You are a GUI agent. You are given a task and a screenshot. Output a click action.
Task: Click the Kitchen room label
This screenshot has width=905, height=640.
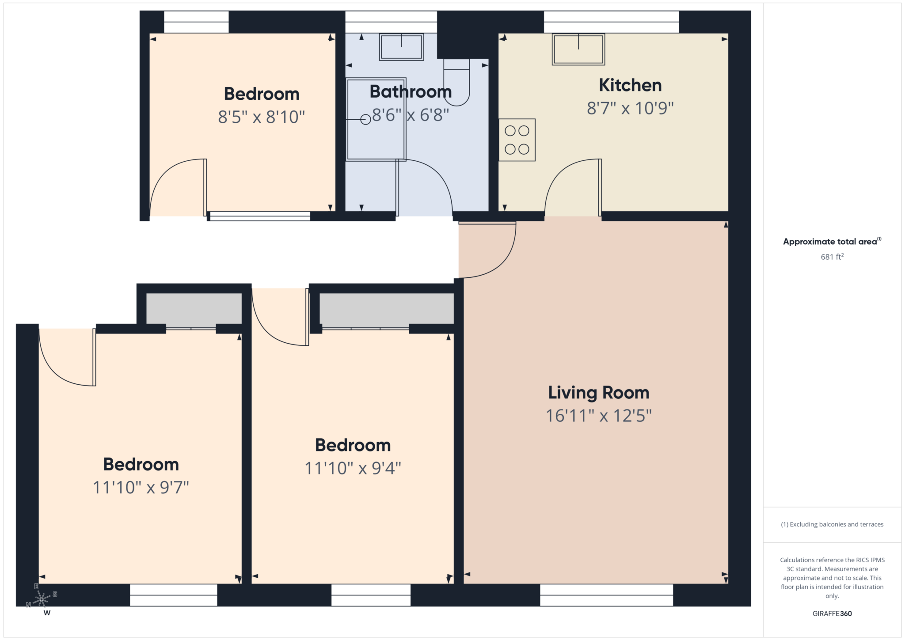point(630,85)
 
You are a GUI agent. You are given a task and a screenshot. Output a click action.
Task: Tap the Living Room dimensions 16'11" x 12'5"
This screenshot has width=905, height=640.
point(599,416)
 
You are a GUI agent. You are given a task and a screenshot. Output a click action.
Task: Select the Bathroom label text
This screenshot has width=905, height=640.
point(411,92)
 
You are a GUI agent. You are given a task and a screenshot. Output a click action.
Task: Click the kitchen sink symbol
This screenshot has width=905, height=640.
point(578,49)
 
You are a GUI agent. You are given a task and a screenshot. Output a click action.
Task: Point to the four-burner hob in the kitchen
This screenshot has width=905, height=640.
point(517,140)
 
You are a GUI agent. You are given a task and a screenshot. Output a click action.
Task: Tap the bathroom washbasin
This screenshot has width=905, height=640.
point(401,47)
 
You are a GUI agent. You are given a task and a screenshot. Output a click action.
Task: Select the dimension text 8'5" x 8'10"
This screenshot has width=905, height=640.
point(262,117)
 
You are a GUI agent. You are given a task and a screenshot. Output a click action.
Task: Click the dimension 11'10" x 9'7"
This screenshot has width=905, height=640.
point(141,488)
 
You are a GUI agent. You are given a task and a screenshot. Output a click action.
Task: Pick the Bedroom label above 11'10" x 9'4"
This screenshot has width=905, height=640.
point(353,445)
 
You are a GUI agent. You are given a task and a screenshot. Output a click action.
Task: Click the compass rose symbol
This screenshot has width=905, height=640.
point(42,599)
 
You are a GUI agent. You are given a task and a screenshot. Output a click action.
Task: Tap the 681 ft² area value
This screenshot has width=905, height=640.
point(832,257)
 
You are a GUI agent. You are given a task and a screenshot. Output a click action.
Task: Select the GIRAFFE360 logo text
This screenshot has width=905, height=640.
point(832,613)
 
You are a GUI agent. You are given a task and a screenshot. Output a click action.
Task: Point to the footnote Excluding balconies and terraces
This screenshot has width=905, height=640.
point(832,524)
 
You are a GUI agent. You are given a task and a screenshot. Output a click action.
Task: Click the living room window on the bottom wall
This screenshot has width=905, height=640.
point(606,595)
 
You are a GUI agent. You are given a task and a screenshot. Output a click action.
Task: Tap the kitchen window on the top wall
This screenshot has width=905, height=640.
point(611,22)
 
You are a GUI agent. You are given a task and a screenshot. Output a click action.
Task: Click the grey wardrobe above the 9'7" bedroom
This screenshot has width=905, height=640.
point(194,309)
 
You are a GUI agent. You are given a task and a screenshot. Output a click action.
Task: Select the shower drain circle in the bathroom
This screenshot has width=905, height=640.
point(365,120)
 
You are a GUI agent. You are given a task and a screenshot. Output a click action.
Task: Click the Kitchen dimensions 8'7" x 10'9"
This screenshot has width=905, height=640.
point(630,108)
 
